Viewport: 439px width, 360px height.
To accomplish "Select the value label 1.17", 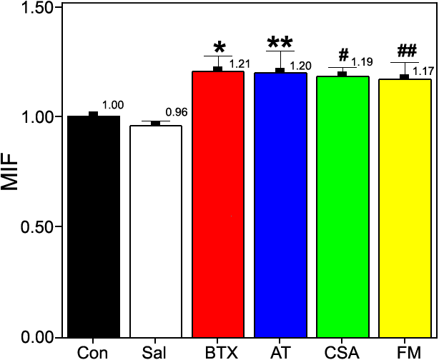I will pos(423,70).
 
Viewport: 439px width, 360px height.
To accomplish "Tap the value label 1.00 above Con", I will pos(113,105).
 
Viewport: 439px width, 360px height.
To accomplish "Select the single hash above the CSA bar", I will pos(344,55).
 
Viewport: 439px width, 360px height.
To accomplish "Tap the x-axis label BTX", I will pos(219,352).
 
